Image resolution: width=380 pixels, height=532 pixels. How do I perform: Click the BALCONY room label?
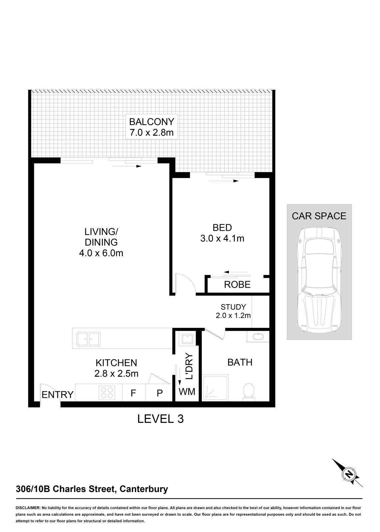coord(152,122)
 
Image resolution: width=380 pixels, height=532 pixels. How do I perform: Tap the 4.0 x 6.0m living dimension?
coord(101,253)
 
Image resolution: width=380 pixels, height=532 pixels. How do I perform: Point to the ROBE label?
coord(237,285)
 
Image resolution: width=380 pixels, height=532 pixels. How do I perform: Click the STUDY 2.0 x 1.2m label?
coord(233,311)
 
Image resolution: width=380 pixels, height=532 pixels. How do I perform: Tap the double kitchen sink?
coord(89,339)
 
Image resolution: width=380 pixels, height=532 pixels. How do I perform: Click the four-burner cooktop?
coord(107,393)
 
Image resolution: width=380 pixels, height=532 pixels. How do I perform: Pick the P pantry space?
coord(160,393)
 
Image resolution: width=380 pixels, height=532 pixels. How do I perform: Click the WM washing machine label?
coord(187,392)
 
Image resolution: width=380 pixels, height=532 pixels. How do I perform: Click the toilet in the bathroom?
coord(249,390)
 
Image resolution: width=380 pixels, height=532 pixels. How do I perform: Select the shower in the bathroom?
coord(215,388)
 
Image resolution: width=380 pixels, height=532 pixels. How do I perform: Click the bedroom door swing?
coord(185,284)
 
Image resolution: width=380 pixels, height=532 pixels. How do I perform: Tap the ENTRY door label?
coord(57,394)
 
